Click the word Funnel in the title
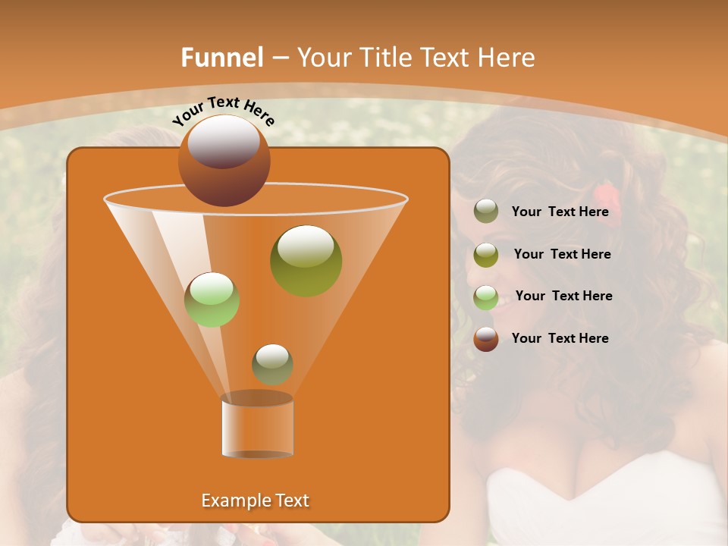point(221,58)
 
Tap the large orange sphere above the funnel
point(224,161)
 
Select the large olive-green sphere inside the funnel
point(306,261)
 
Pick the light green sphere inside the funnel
point(212,300)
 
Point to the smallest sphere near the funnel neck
point(272,364)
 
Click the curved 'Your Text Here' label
point(223,111)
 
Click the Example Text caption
point(255,500)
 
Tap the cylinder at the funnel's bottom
point(257,426)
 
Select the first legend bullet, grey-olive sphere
point(486,212)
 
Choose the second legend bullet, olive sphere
point(486,255)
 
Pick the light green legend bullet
point(486,297)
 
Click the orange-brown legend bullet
point(486,339)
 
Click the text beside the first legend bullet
point(560,212)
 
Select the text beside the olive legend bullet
point(562,255)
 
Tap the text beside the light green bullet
point(563,297)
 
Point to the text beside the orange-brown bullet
point(560,338)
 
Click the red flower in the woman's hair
point(611,212)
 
